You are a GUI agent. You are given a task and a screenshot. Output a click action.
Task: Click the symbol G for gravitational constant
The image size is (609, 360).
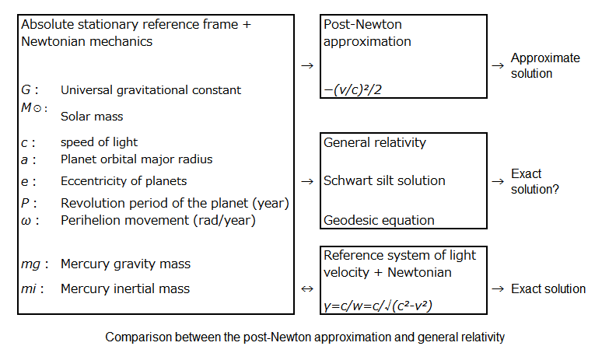click(26, 89)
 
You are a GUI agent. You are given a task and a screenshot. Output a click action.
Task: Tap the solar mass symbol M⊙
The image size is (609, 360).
click(31, 107)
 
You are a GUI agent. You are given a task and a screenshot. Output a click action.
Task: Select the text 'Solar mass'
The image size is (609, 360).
click(92, 116)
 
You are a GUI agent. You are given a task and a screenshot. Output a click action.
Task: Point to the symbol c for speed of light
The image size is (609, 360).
click(24, 143)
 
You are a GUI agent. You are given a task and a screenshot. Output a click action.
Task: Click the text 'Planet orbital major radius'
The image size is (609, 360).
click(136, 159)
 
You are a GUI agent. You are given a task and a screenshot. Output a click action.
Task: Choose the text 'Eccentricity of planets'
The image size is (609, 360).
click(124, 181)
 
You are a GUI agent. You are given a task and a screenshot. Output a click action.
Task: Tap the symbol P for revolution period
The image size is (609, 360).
click(25, 203)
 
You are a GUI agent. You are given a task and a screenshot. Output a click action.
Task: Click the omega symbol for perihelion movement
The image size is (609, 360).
click(26, 221)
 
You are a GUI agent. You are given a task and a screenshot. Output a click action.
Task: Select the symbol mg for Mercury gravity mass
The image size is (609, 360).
click(30, 264)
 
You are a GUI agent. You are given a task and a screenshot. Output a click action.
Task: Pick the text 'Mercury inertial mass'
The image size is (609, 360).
click(125, 288)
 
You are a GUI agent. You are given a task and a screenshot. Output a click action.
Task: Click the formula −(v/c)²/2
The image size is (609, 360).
click(352, 89)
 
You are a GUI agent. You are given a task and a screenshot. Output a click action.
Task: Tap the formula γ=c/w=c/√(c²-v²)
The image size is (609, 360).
click(377, 306)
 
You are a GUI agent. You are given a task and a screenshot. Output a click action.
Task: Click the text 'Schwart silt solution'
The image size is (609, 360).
click(384, 180)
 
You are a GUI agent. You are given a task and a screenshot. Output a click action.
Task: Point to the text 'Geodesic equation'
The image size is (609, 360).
click(379, 220)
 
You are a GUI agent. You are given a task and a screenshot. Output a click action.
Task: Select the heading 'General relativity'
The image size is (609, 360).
click(375, 142)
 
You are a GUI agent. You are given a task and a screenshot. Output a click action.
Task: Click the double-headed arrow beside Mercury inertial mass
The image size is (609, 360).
click(306, 288)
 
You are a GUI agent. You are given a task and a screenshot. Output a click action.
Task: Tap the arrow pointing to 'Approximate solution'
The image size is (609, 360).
click(498, 65)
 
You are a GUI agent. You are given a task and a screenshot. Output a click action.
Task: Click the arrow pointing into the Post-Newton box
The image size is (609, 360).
click(306, 65)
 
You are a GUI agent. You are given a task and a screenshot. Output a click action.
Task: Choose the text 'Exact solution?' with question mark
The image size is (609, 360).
click(535, 181)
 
